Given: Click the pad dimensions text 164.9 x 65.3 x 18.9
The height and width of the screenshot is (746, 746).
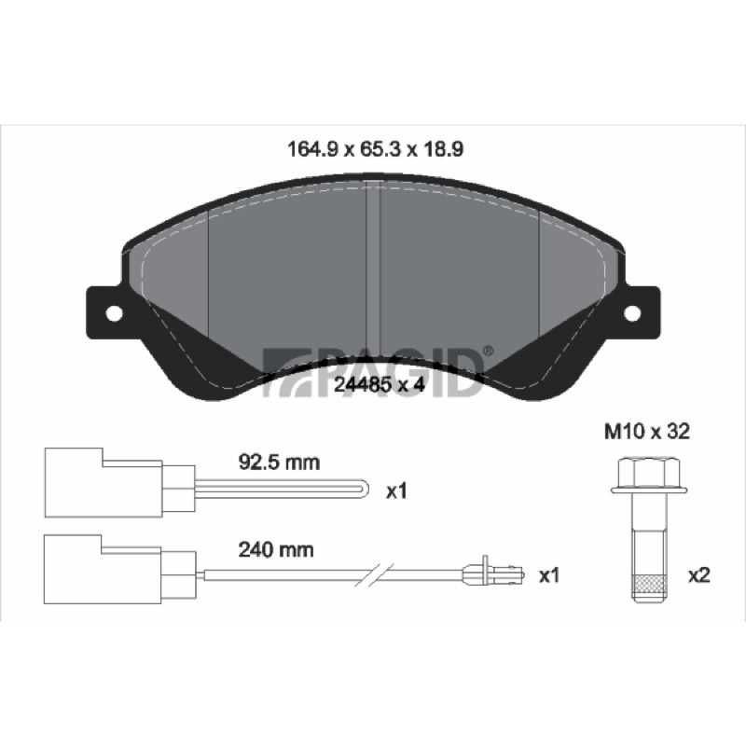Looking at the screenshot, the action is click(375, 149).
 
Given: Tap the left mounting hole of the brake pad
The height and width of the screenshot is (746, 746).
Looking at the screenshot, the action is click(114, 313).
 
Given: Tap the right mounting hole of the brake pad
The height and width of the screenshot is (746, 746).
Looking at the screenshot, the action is click(632, 312).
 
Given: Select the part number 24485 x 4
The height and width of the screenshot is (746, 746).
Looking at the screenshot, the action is click(379, 384).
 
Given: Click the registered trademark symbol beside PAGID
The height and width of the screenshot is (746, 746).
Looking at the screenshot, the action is click(488, 352).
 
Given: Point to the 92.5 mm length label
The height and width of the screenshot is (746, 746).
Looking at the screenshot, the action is click(279, 463).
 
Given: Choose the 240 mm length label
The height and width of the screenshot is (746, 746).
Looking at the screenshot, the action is click(276, 550).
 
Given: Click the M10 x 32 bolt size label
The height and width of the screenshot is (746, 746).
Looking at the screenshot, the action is click(646, 432).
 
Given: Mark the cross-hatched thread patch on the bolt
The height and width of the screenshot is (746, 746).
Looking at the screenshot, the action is click(649, 584).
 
